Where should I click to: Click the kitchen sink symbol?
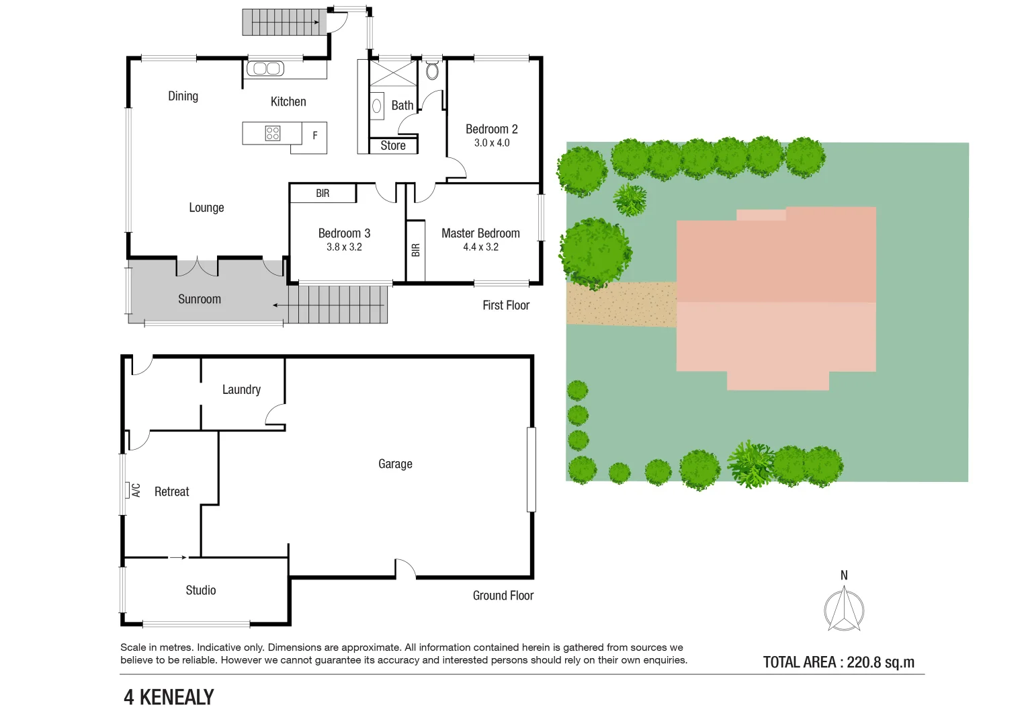point(265,69)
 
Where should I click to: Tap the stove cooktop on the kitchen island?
point(272,133)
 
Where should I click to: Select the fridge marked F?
point(314,136)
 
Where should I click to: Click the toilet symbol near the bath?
point(432,71)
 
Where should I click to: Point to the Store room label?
point(393,146)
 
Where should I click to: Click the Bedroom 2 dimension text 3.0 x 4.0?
point(492,143)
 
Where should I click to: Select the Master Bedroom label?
point(480,233)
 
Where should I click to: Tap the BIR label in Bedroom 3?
point(323,194)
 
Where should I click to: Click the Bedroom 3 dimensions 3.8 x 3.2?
point(344,247)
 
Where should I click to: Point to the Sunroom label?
point(200,299)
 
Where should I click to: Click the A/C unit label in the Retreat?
point(136,490)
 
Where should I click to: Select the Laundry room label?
point(241,390)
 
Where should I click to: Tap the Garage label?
point(395,464)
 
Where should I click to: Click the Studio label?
point(201,590)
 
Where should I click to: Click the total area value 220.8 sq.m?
point(880,662)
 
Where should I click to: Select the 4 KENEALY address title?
point(169,698)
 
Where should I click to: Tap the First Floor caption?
point(506,305)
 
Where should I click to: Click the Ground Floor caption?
point(503,596)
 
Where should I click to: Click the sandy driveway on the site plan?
point(622,305)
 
